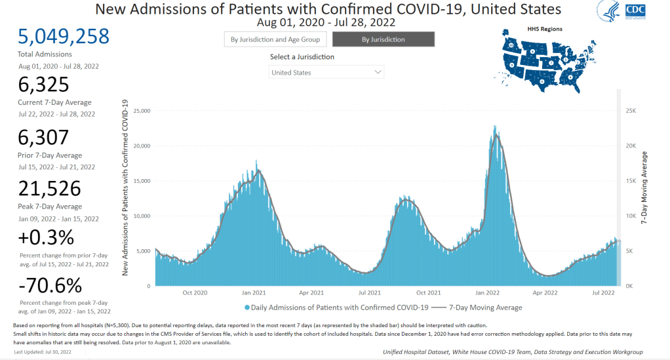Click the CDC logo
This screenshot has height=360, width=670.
pyautogui.click(x=634, y=10)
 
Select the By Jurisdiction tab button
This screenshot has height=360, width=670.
pyautogui.click(x=384, y=39)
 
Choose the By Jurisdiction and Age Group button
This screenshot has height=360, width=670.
pyautogui.click(x=275, y=39)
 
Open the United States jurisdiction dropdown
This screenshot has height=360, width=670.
pyautogui.click(x=327, y=72)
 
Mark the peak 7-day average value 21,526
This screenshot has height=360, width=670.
pyautogui.click(x=50, y=188)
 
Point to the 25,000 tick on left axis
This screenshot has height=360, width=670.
pyautogui.click(x=142, y=111)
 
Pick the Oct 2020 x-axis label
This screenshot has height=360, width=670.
pyautogui.click(x=195, y=292)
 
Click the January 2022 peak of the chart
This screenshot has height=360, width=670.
pyautogui.click(x=495, y=127)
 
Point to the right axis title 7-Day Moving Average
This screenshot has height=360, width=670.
pyautogui.click(x=644, y=188)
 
